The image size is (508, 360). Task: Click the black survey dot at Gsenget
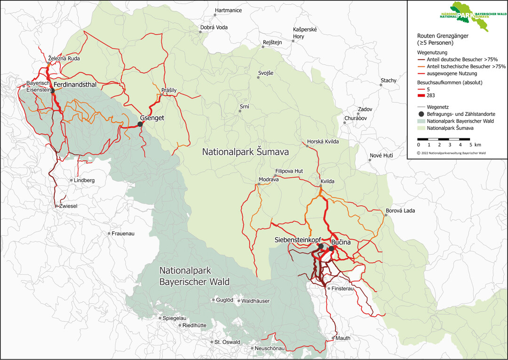point(140,124)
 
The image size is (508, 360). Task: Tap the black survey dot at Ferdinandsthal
point(53,91)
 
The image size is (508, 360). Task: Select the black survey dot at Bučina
point(331,248)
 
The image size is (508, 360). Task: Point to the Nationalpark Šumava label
point(245,152)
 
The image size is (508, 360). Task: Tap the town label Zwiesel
point(67,206)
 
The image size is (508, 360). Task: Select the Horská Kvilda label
point(323,141)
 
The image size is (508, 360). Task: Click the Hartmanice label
point(228,10)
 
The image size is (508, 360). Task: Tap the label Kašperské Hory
point(305,33)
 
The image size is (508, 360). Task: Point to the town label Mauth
point(343,338)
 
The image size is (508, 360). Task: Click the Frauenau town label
point(123,233)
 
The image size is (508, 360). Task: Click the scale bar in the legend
point(443,139)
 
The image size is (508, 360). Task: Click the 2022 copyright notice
point(451,153)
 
